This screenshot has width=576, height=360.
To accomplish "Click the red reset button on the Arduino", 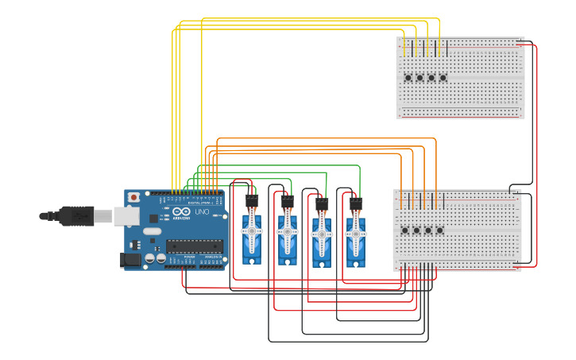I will click(134, 196).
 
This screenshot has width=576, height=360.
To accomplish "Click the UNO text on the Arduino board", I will click(202, 213).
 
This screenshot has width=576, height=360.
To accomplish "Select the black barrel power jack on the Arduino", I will click(130, 259).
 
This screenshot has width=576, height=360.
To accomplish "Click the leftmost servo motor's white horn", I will click(252, 230).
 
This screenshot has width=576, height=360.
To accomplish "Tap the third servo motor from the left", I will click(322, 238).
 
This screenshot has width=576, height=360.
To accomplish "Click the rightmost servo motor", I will click(356, 237).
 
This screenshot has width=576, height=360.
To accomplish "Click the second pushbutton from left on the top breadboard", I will click(419, 78).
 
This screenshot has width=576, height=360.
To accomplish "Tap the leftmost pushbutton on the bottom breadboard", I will click(405, 230).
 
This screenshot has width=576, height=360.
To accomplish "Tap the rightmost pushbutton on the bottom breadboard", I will click(440, 230).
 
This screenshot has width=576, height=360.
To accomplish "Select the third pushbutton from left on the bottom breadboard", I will click(428, 230).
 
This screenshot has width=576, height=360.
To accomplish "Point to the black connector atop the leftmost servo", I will click(252, 201).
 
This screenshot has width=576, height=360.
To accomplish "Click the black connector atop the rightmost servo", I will click(356, 204).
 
